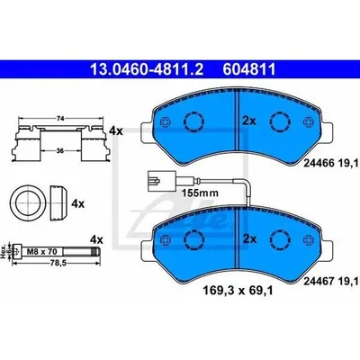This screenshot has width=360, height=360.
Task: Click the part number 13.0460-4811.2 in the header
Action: (147, 69)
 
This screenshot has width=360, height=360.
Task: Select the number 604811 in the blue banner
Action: (249, 69)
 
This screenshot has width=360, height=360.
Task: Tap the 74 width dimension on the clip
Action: (60, 119)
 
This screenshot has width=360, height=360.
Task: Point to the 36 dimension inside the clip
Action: (60, 151)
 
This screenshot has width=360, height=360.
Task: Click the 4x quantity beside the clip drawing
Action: (116, 130)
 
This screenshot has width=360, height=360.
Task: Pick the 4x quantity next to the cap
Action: (77, 204)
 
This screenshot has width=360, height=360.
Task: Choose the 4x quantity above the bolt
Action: (96, 239)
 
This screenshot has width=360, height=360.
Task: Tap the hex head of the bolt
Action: (17, 251)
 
